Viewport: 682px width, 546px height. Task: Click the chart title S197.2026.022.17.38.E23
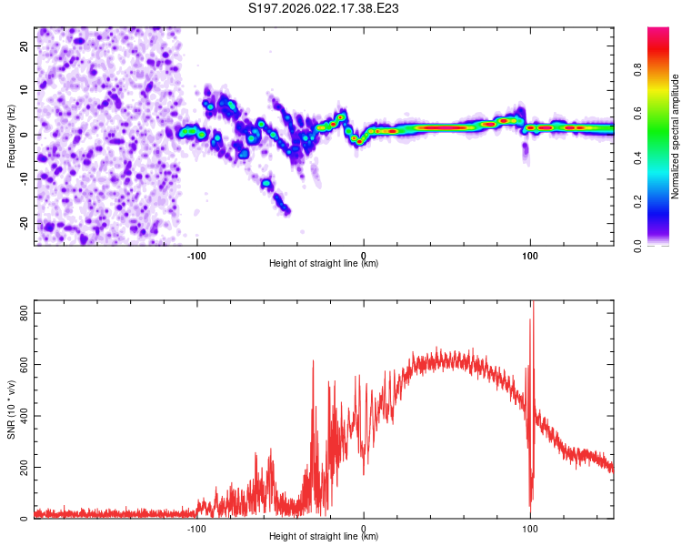point(325,8)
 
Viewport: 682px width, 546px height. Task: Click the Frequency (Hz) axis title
point(12,136)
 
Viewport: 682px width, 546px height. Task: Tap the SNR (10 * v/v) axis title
point(12,409)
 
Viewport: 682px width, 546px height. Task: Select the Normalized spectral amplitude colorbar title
point(676,136)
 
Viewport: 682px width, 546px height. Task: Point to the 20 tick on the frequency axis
point(25,45)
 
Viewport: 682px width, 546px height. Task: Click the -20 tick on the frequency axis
point(23,223)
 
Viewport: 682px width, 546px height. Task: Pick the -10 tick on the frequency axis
point(23,178)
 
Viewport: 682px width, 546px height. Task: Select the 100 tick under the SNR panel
point(530,528)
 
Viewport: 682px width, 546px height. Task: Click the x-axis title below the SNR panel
point(324,537)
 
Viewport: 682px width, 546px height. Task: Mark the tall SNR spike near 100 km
point(533,309)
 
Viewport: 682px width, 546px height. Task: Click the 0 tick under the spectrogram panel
point(364,256)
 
